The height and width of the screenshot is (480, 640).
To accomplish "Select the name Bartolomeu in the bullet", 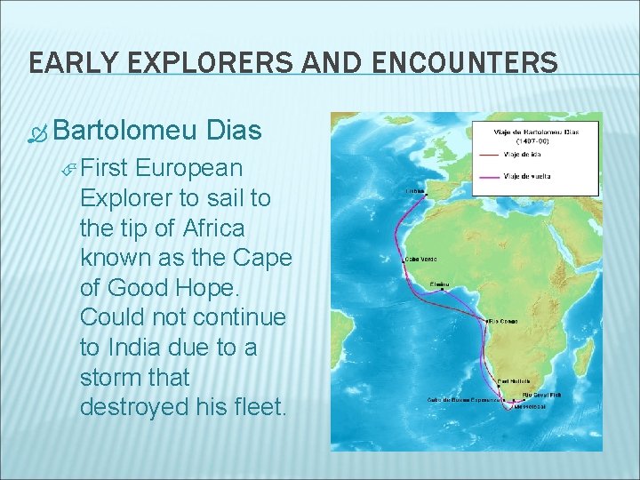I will pyautogui.click(x=124, y=131).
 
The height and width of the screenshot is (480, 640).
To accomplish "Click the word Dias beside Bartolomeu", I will pyautogui.click(x=233, y=131).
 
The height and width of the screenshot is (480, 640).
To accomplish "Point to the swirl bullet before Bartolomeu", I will pyautogui.click(x=37, y=133).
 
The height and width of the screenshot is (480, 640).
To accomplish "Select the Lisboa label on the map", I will pyautogui.click(x=415, y=189).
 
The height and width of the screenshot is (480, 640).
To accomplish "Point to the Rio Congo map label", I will pyautogui.click(x=503, y=321).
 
